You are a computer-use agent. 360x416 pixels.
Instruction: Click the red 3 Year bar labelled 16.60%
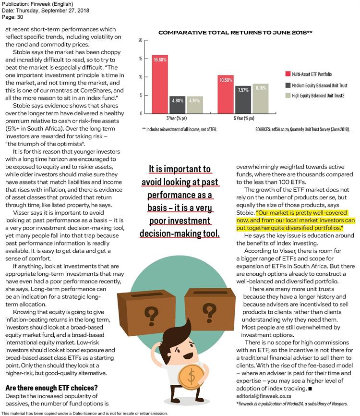(x=160, y=84)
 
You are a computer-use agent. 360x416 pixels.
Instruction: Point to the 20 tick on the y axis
(x=140, y=40)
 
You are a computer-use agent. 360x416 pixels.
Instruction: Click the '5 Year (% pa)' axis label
(x=242, y=118)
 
